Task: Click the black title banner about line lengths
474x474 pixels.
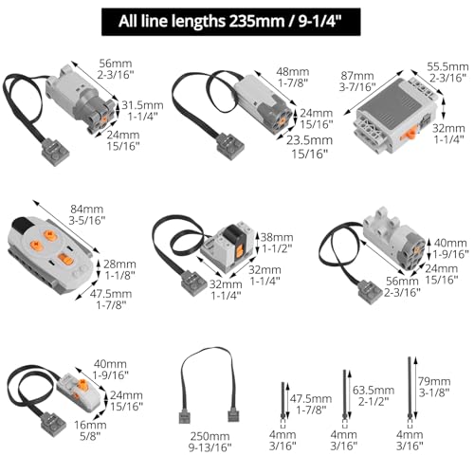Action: click(x=231, y=22)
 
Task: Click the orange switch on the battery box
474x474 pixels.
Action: click(x=410, y=132)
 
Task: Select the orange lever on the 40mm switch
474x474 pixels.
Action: click(x=82, y=384)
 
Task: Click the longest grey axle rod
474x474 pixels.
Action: click(x=410, y=389)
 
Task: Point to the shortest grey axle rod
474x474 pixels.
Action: click(x=283, y=400)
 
